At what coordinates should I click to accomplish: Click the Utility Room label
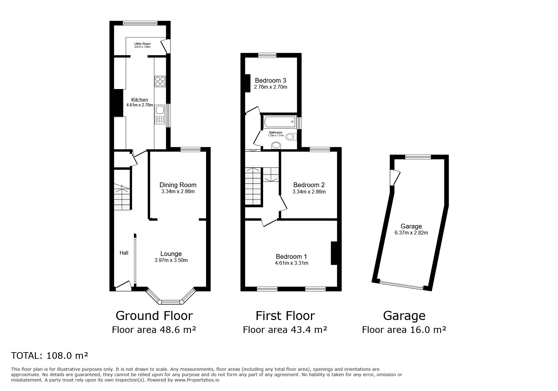point(142,44)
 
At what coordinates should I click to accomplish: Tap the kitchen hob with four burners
point(160,81)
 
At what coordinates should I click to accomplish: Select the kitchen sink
point(159,110)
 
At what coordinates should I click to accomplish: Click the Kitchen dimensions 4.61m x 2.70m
point(140,105)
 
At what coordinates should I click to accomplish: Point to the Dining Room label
point(178,185)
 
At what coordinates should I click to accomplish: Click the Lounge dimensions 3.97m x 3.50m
point(171,260)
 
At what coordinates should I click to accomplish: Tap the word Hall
point(124,253)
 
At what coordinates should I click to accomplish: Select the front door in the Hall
point(123,286)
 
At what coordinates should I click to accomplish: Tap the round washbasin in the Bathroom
point(276,145)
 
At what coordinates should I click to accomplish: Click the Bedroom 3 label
point(270,80)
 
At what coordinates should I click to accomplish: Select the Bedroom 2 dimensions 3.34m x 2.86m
point(309,192)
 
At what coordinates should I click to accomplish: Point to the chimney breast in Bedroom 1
point(334,253)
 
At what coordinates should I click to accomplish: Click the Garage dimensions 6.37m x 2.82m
point(411,233)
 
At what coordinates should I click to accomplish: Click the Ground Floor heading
point(154,316)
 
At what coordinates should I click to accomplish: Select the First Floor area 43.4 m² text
point(285,330)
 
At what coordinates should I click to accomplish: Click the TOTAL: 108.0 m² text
point(49,356)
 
